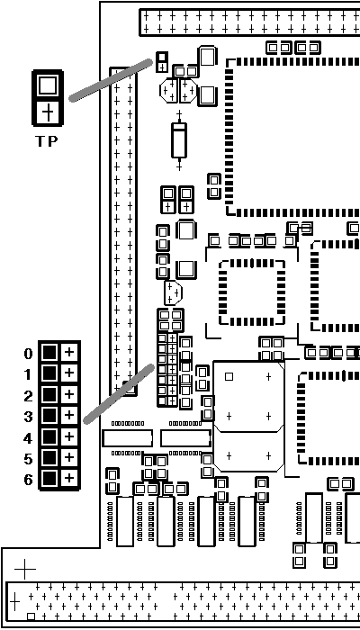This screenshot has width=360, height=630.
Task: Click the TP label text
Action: click(47, 141)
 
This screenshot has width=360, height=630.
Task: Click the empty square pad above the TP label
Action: click(48, 85)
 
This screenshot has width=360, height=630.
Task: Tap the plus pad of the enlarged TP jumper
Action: click(48, 112)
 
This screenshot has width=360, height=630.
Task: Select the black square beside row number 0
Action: click(49, 353)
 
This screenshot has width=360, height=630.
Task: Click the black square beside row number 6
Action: click(49, 478)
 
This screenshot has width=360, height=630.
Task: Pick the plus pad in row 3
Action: click(69, 415)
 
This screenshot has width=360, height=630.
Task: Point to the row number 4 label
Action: click(27, 438)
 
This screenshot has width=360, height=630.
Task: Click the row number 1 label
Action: click(27, 375)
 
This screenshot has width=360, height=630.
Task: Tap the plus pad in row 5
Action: click(69, 457)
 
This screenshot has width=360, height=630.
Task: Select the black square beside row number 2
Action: click(49, 394)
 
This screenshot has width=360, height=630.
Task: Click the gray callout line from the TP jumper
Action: click(111, 80)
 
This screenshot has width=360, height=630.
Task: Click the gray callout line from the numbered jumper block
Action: click(119, 394)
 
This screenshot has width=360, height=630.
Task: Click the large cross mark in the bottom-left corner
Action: click(25, 569)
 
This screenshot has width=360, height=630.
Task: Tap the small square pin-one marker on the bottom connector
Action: click(31, 616)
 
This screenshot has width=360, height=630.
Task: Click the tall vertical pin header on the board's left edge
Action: click(123, 231)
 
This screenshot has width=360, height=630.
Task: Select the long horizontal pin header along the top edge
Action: click(249, 22)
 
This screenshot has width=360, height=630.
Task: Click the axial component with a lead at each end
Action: click(179, 140)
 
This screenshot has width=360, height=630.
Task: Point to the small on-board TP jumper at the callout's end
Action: click(162, 62)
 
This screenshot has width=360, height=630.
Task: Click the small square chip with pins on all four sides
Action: click(252, 292)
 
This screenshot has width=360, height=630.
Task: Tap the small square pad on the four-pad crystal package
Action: click(229, 376)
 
